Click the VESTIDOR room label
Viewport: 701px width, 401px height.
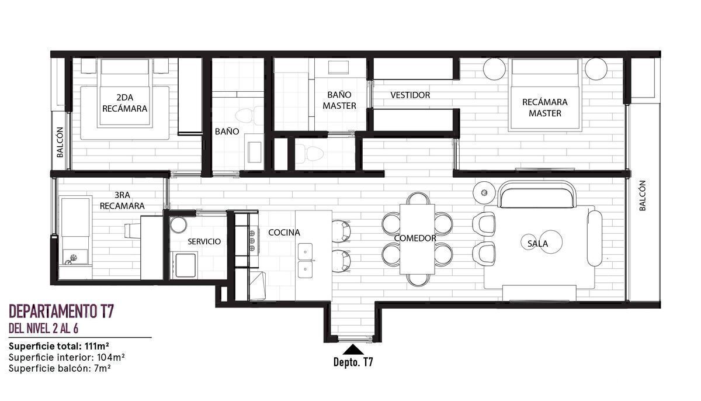[410, 95]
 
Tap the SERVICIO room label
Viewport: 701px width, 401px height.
[204, 241]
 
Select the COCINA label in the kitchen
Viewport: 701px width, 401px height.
[284, 232]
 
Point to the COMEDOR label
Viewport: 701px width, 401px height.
[415, 238]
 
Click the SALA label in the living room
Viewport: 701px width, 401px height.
[537, 244]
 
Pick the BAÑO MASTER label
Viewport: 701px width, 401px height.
[339, 100]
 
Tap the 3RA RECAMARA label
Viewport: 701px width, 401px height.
[122, 200]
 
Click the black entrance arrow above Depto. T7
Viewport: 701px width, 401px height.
[353, 350]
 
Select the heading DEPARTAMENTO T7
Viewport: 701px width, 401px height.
[61, 311]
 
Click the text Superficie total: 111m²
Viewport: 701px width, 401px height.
[59, 346]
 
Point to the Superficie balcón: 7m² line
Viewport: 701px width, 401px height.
[60, 368]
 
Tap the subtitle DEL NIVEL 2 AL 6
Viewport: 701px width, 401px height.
[43, 329]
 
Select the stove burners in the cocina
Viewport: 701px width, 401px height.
[252, 240]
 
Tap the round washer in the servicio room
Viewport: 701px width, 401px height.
[178, 224]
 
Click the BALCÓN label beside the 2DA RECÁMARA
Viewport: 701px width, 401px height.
[60, 142]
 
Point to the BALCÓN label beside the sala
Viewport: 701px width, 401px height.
[642, 195]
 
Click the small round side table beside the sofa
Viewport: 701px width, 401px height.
[484, 192]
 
